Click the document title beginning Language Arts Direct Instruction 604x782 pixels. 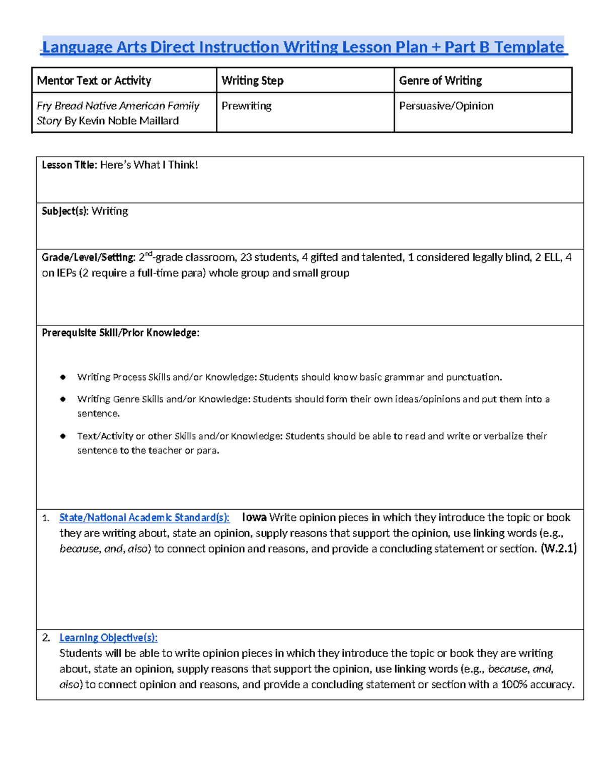click(x=304, y=47)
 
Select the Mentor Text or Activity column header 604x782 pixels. click(x=94, y=81)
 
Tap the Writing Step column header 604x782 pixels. click(x=252, y=81)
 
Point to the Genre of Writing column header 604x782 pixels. click(x=440, y=81)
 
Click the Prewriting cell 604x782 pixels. click(x=246, y=106)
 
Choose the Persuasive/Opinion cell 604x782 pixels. click(x=446, y=106)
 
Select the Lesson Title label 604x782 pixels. click(x=69, y=165)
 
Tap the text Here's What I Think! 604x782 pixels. click(x=149, y=165)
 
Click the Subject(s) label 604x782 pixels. click(x=65, y=211)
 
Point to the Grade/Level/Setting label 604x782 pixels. click(x=88, y=257)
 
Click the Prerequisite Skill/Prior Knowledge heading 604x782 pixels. click(x=120, y=333)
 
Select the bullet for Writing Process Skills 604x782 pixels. click(x=63, y=377)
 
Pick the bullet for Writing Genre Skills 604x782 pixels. click(x=63, y=399)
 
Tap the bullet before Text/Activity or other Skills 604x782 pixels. click(x=63, y=436)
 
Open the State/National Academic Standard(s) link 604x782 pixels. click(x=144, y=518)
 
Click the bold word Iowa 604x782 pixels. click(x=254, y=518)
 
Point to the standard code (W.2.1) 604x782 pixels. click(x=558, y=548)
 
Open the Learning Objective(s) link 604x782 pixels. click(x=108, y=637)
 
